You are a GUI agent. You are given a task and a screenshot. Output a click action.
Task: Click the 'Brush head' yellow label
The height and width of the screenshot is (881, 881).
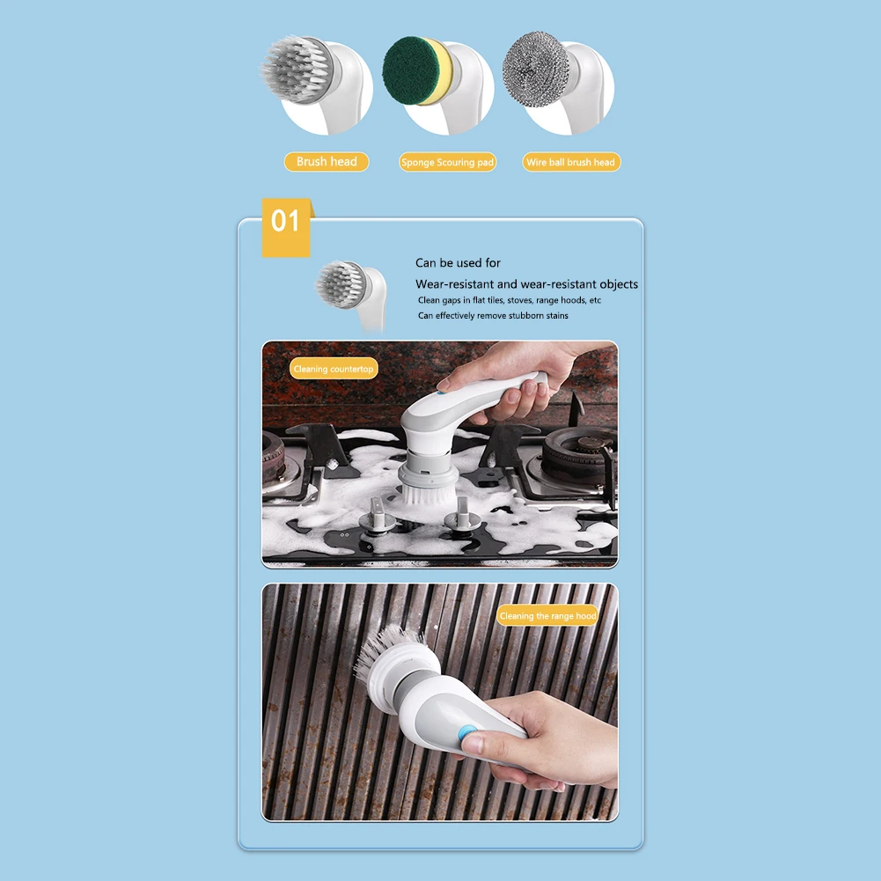pos(327,162)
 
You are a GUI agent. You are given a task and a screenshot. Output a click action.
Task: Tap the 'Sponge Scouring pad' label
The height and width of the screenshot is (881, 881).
pos(447,162)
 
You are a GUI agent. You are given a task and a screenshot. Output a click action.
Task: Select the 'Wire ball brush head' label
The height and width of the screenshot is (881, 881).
pos(571,162)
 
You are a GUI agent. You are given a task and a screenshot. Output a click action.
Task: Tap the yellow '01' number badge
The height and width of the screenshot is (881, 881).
pos(286,228)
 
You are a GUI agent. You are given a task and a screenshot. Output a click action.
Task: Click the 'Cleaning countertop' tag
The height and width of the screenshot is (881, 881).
pos(334,369)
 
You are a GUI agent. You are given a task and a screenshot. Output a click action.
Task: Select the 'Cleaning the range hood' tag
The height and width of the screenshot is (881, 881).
pos(547,616)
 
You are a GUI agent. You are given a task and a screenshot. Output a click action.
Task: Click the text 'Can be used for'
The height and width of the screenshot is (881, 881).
pos(458,263)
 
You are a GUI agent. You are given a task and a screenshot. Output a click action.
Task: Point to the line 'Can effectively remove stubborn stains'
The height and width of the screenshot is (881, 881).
pos(493,316)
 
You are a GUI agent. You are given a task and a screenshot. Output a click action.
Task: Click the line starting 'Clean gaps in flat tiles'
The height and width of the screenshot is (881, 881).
pos(509,301)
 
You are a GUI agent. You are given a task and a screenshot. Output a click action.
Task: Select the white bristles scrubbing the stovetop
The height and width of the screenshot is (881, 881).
pos(428,494)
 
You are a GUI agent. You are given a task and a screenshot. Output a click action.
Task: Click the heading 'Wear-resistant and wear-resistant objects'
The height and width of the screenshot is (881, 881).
pos(526,284)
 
